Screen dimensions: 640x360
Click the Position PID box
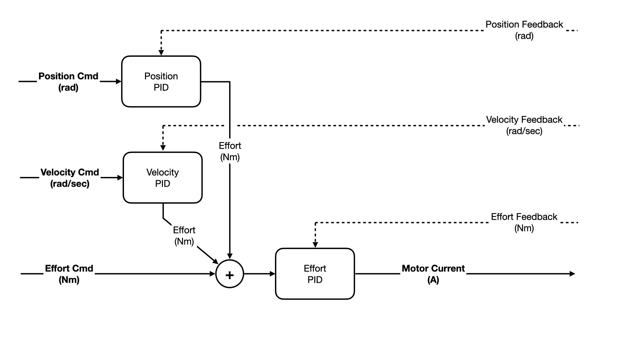[161, 81]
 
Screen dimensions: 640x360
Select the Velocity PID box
[163, 178]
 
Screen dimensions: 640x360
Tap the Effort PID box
[315, 274]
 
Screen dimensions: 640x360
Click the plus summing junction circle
[230, 274]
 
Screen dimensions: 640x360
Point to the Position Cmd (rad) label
[68, 82]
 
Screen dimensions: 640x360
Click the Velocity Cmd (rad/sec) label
[70, 178]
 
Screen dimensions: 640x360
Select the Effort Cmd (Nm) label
[69, 274]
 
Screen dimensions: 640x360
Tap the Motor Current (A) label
[433, 274]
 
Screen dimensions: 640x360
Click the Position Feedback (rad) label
[524, 30]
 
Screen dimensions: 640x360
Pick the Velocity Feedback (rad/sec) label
[524, 125]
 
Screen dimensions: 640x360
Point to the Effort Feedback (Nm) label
[524, 222]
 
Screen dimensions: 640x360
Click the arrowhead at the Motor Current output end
[572, 274]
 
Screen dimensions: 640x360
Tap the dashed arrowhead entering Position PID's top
[161, 53]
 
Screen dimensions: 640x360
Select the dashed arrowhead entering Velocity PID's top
[163, 148]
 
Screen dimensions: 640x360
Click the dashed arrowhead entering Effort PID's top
[315, 245]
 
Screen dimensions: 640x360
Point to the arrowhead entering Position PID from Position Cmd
[118, 81]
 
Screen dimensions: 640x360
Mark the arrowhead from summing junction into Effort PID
[272, 274]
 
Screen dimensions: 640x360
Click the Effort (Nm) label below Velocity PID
[184, 236]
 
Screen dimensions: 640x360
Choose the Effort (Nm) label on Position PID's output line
[230, 151]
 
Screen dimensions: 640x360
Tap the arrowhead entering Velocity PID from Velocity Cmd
[120, 178]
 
